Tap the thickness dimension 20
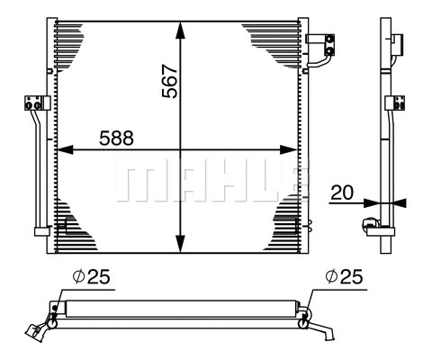(341, 192)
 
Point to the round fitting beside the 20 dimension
(369, 226)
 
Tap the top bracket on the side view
(396, 38)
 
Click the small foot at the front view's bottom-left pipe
(40, 231)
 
